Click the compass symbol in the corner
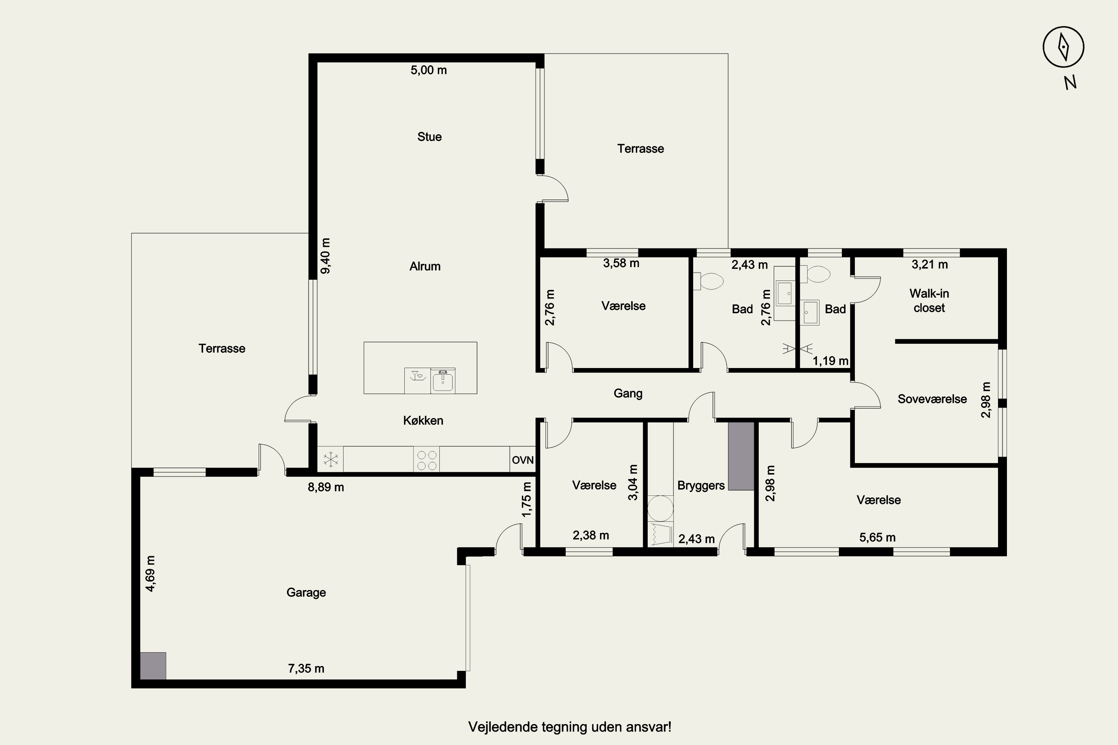[x=1063, y=47]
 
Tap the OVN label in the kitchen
[x=522, y=460]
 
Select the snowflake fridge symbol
[x=330, y=459]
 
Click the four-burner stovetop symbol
[x=426, y=459]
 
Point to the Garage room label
[x=306, y=593]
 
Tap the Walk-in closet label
[x=929, y=300]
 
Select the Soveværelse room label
[x=932, y=399]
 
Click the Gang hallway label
[x=628, y=393]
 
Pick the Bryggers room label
[x=701, y=486]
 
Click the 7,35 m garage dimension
[x=306, y=669]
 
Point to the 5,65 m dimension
[x=878, y=538]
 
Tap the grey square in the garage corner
[x=153, y=666]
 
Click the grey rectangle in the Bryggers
[x=741, y=456]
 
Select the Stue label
[x=429, y=137]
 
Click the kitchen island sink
[x=443, y=381]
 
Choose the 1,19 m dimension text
[x=830, y=361]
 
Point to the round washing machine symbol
[x=661, y=508]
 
